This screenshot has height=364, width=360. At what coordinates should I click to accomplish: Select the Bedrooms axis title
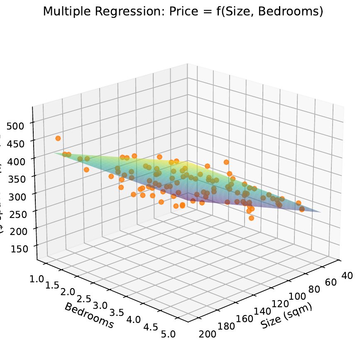point(89,315)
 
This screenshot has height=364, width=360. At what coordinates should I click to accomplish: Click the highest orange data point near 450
point(58,138)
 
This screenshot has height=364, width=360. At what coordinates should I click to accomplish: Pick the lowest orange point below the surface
point(251,218)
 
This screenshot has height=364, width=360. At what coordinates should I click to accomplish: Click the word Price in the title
point(184,12)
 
